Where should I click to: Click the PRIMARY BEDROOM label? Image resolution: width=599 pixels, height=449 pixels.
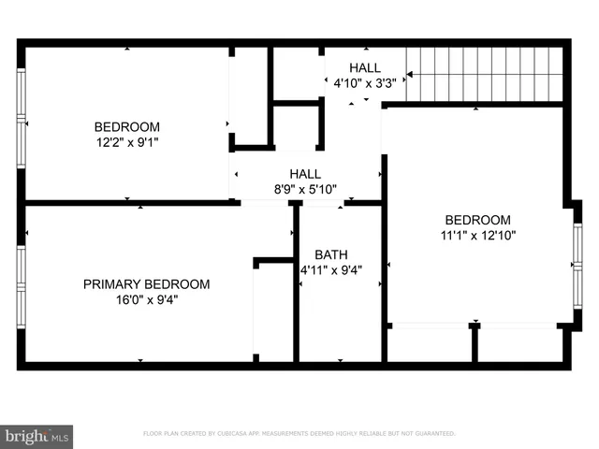(146, 284)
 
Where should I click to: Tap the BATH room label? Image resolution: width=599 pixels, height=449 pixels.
(330, 254)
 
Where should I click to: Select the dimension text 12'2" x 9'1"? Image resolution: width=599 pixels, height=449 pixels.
(127, 143)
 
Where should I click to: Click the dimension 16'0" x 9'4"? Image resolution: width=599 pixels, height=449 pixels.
(146, 300)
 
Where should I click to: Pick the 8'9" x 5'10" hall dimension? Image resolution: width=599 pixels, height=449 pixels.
(305, 189)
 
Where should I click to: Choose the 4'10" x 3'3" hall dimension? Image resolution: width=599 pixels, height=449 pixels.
(365, 82)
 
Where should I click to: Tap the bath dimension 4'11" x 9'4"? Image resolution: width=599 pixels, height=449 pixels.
(330, 270)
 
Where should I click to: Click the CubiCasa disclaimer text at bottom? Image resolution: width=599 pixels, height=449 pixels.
(299, 434)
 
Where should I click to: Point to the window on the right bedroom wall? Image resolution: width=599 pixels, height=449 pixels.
(577, 268)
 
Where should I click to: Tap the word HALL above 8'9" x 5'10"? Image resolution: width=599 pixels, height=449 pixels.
(305, 174)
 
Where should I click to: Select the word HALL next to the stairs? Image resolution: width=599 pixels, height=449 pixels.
(365, 67)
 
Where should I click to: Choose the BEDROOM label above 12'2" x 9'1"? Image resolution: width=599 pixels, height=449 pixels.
(127, 127)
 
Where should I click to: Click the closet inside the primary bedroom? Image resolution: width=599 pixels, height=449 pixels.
(273, 311)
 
